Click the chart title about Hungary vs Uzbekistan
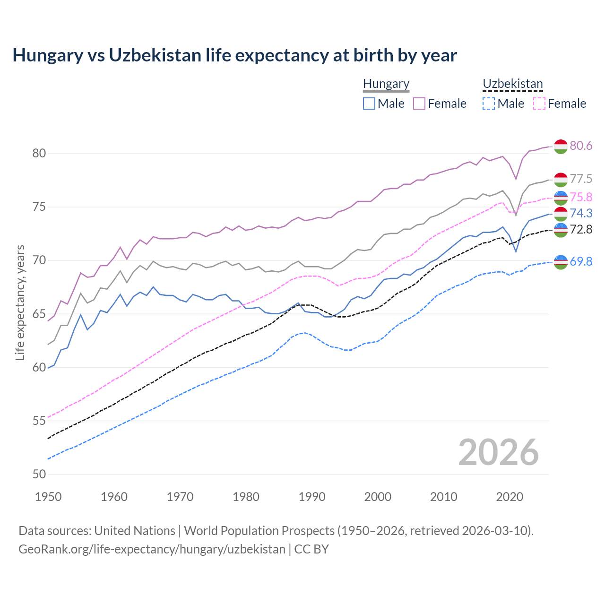coord(234,55)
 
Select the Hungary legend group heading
coord(386,84)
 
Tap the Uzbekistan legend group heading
coord(512,84)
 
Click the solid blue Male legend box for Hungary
coord(369,104)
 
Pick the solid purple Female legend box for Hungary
coord(419,104)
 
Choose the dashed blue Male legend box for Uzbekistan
coord(489,104)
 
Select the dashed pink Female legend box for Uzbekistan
coord(539,104)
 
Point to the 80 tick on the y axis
coord(39,153)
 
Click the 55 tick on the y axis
coord(39,421)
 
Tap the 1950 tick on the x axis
coord(48,497)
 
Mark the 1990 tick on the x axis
coord(312,497)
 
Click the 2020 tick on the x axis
coord(510,497)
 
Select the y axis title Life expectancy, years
coord(20,302)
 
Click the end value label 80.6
coord(581,146)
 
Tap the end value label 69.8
coord(581,261)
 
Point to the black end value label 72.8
coord(581,230)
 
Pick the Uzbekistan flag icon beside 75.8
coord(561,197)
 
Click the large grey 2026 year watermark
coord(498,452)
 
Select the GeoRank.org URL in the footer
coord(152,549)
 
